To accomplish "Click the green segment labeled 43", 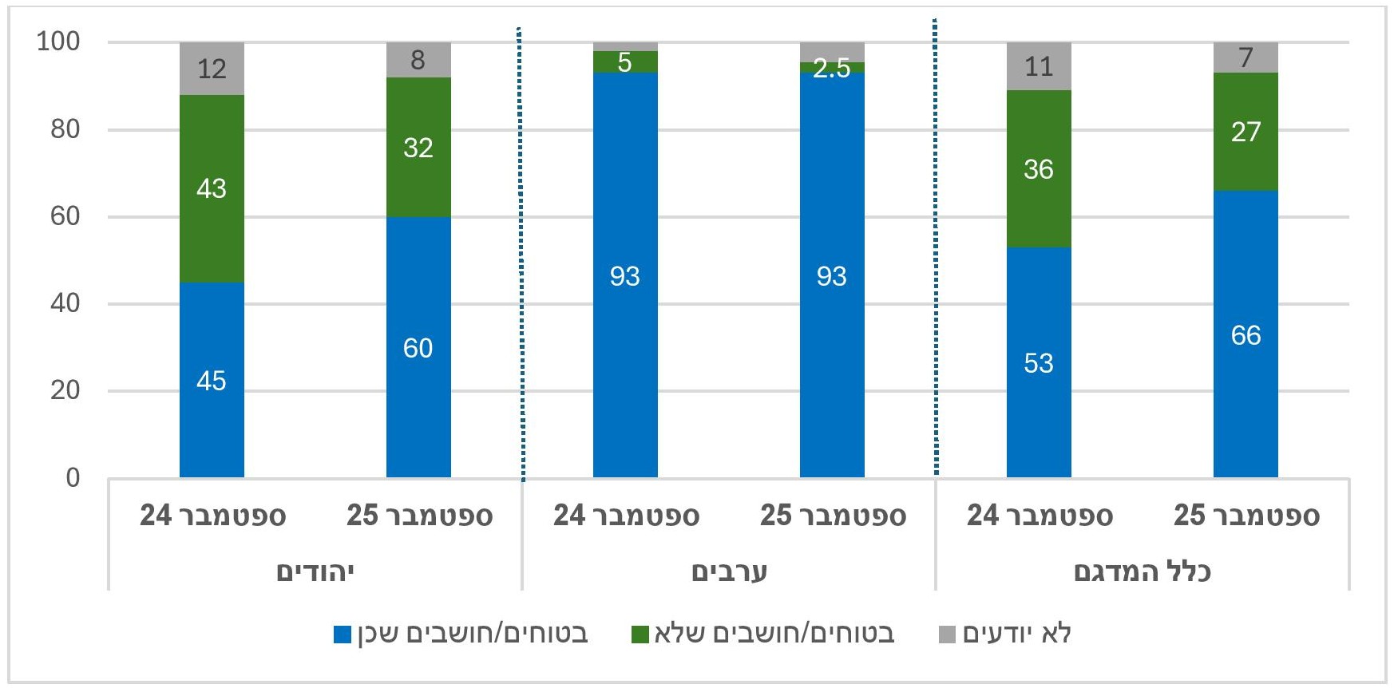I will coord(212,188).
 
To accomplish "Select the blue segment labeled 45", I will coord(212,380).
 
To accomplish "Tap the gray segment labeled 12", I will coord(212,69).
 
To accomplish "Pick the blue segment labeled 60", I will coord(418,347).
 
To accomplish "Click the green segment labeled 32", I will coord(418,147).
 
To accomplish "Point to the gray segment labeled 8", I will coord(418,60).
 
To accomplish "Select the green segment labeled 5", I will coord(625,62).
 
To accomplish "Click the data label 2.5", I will coord(831,69).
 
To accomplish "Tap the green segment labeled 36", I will coord(1039,168).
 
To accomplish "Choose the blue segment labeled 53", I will coord(1039,362).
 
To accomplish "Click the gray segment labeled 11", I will coord(1039,66).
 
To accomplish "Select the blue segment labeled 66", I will coord(1245,334).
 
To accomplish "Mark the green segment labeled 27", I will coord(1245,132).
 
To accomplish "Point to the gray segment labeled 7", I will coord(1245,57).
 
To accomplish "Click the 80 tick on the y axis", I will coord(65,129).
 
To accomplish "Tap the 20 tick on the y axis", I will coord(65,390).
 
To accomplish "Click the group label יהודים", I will coord(315,571).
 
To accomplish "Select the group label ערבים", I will coord(729,571).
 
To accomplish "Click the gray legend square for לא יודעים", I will coord(947,635).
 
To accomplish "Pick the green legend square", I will coord(640,635).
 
